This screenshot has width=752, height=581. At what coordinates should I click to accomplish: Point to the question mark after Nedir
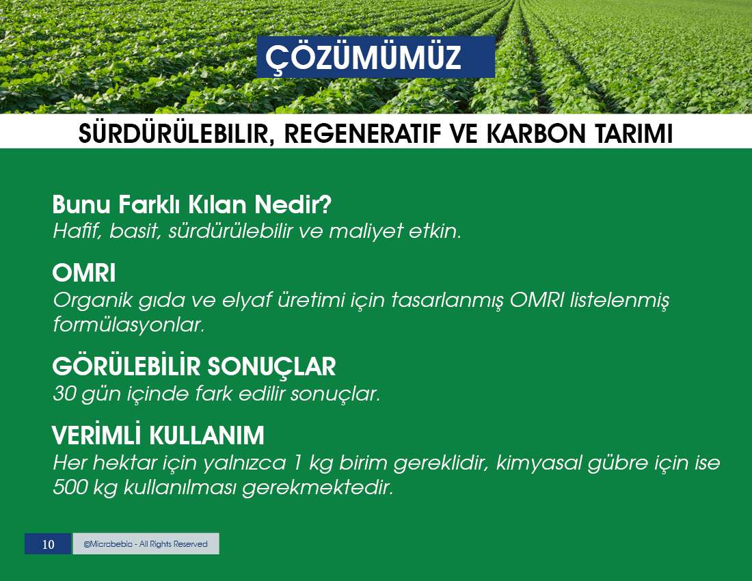click(x=325, y=204)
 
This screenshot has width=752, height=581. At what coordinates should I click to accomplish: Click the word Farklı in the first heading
click(x=148, y=204)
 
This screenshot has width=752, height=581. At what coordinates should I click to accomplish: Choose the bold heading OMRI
click(x=84, y=273)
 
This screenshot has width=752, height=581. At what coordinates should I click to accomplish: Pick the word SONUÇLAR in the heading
click(x=271, y=367)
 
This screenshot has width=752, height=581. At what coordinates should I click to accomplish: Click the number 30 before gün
click(x=64, y=394)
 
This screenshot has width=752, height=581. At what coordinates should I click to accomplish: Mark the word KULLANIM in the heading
click(x=206, y=435)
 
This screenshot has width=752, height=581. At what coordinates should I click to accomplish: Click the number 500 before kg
click(x=68, y=487)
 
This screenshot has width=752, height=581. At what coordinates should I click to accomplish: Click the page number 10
click(x=48, y=544)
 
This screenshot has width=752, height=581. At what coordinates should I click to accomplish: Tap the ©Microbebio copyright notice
click(x=146, y=544)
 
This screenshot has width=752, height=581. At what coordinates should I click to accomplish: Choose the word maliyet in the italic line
click(x=366, y=232)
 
